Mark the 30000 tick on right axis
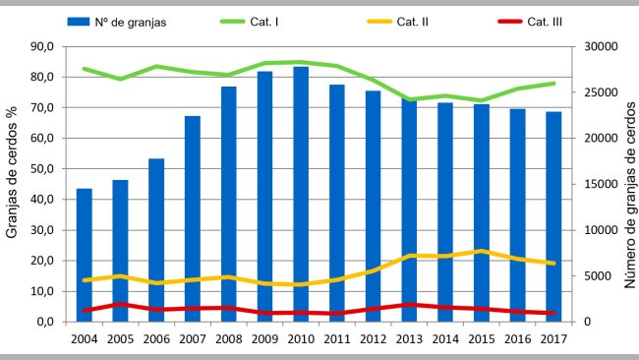pyautogui.click(x=597, y=46)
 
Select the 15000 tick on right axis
pyautogui.click(x=597, y=184)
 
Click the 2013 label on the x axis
pyautogui.click(x=409, y=339)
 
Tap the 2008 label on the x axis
pyautogui.click(x=228, y=339)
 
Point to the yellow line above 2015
pyautogui.click(x=481, y=251)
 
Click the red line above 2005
pyautogui.click(x=120, y=304)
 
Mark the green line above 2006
pyautogui.click(x=156, y=66)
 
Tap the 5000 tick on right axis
pyautogui.click(x=597, y=276)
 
